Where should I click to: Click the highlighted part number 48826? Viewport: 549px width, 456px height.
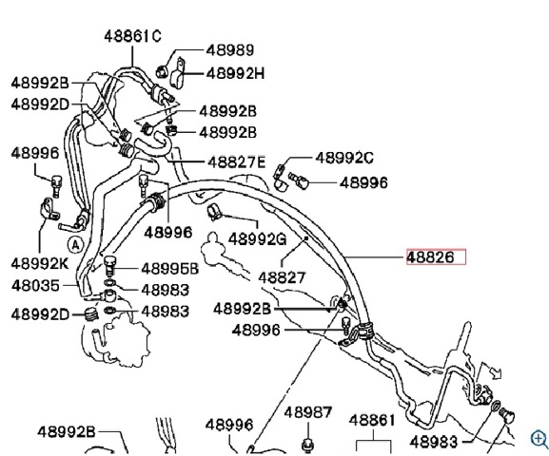430,257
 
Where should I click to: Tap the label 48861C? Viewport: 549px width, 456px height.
132,36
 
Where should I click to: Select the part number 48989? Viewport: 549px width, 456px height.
230,50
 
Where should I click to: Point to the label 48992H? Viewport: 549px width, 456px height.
235,74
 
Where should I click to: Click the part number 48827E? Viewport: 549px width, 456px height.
236,162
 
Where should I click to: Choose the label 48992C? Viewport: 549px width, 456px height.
344,158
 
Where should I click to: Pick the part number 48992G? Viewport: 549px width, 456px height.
257,239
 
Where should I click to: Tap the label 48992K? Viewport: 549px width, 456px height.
40,263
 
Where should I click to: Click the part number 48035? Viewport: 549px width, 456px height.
35,286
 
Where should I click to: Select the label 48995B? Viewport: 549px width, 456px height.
169,269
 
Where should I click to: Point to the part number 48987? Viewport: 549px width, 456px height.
307,412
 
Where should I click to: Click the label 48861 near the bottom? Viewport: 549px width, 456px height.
372,420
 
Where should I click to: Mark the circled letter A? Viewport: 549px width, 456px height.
75,245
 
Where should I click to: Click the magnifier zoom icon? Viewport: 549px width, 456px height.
539,439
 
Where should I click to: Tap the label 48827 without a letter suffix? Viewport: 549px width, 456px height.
282,278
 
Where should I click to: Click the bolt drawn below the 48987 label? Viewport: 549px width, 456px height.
307,444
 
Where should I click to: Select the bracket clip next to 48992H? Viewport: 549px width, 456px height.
178,73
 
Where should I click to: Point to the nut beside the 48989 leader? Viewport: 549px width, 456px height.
162,71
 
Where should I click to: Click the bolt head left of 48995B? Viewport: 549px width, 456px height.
109,265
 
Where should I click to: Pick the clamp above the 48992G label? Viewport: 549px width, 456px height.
214,212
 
